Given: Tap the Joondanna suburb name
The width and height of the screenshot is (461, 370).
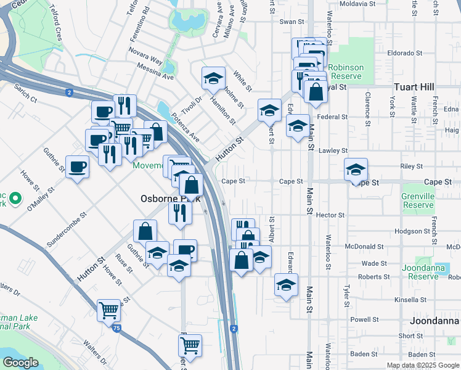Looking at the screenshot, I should point(434,321).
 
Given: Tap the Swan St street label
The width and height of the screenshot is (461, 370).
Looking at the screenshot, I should point(292,22).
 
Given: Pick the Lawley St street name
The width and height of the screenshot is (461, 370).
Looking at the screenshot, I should point(333,150).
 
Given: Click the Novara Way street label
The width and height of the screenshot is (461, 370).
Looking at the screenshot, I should point(146,63).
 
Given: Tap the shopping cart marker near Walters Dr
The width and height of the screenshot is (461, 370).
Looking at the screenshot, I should point(109,309).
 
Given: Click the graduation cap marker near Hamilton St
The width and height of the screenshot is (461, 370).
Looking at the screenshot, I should point(213,78).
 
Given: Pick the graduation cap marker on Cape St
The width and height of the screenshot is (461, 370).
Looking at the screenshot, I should point(356,170).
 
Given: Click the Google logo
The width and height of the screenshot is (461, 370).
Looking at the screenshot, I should point(21,363).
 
